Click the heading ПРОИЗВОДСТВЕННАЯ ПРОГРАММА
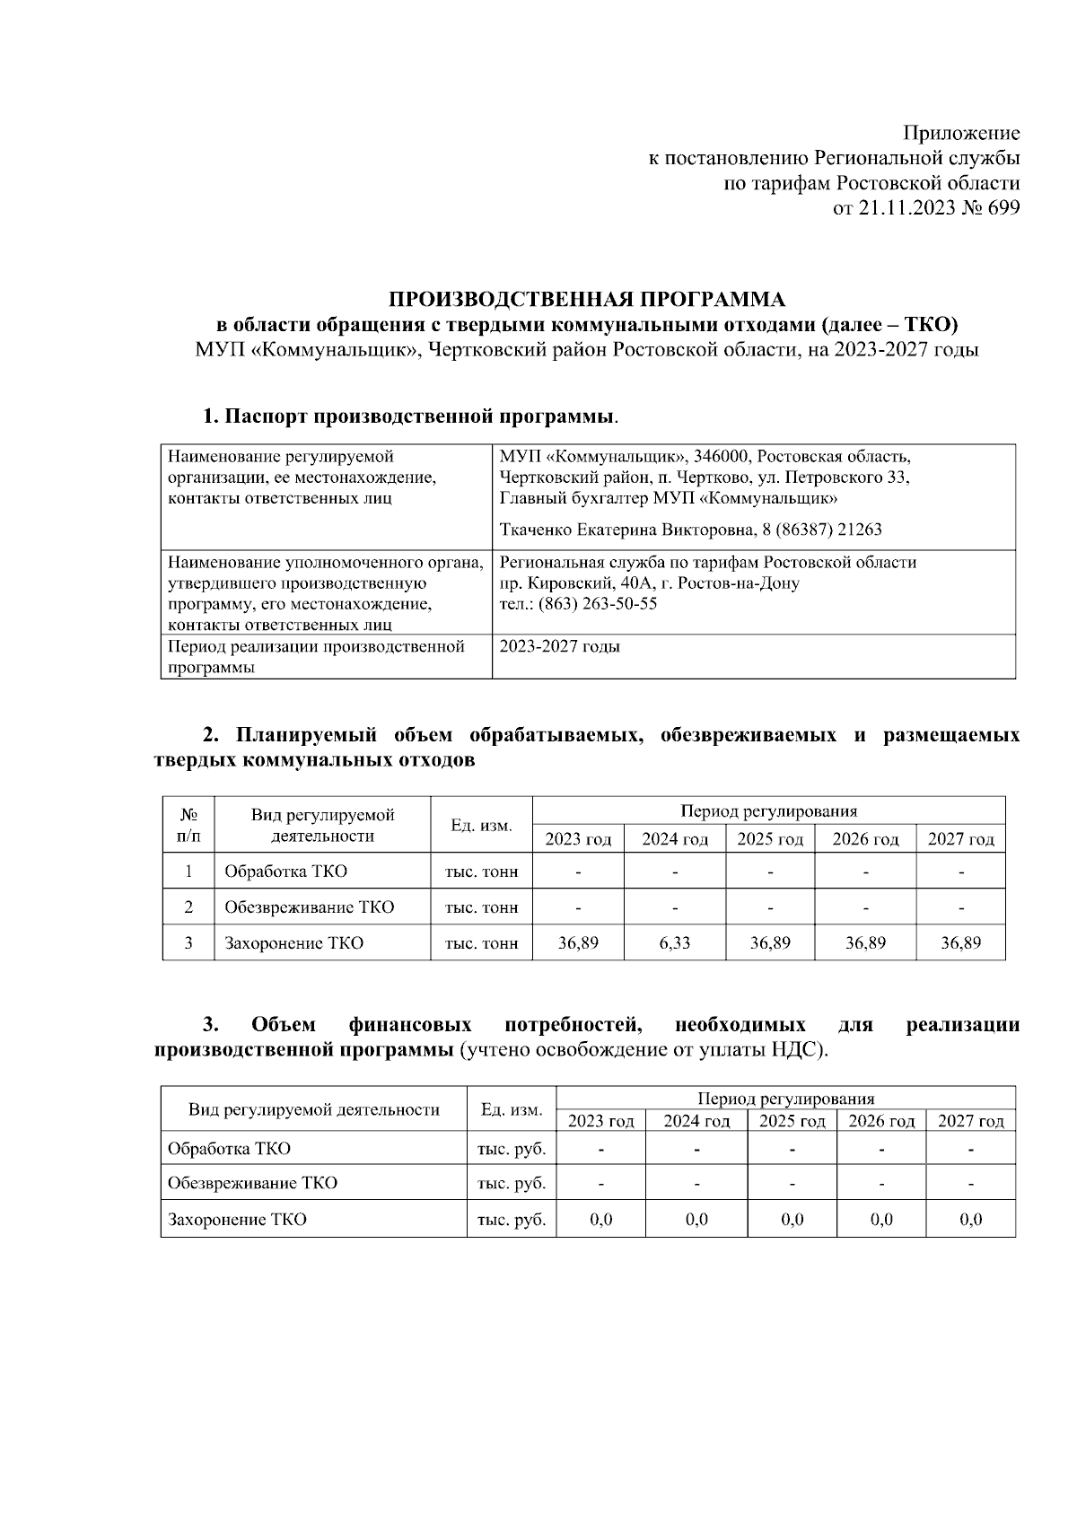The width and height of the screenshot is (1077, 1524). [586, 299]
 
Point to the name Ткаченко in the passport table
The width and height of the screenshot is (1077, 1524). [537, 530]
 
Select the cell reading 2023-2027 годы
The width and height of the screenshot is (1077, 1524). [559, 646]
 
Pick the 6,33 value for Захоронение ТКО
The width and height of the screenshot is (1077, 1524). [674, 942]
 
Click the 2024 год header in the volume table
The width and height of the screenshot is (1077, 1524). [674, 839]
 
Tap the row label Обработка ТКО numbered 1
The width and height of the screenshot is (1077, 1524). [285, 871]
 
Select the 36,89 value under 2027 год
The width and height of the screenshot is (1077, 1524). [960, 942]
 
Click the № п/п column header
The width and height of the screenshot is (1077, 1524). [188, 826]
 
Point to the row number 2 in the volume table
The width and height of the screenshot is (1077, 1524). [188, 907]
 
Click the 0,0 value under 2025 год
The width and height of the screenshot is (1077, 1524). [792, 1219]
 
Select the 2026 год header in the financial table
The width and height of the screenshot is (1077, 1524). [881, 1121]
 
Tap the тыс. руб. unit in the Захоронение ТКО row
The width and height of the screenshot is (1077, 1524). [512, 1219]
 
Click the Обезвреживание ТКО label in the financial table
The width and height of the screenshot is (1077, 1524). [253, 1183]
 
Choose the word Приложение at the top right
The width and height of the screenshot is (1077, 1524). [960, 134]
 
